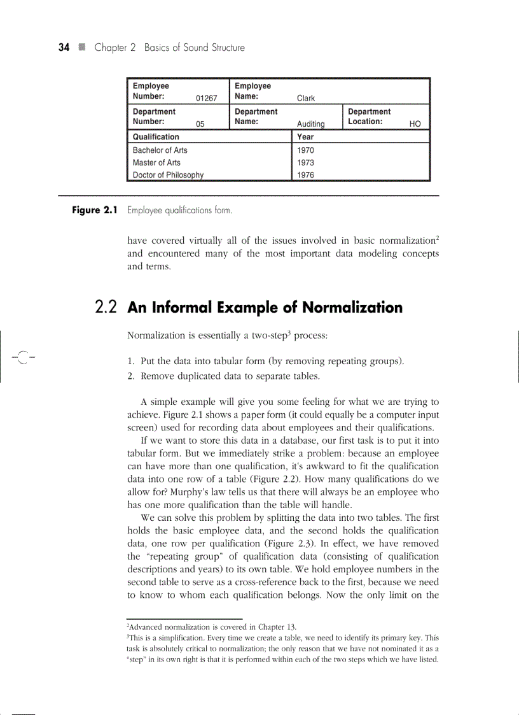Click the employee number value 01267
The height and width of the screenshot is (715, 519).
(206, 99)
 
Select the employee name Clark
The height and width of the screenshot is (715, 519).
(306, 99)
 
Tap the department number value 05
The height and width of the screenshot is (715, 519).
(200, 124)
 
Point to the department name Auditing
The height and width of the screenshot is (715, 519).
(311, 124)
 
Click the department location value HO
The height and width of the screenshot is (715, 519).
(415, 124)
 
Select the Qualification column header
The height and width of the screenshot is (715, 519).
(156, 137)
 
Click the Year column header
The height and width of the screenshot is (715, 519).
(305, 137)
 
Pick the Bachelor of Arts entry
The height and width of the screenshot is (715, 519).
(160, 150)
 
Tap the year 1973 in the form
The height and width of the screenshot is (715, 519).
(305, 162)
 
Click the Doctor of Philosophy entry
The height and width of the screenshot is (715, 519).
(168, 175)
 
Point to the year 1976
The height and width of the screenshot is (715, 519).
(305, 175)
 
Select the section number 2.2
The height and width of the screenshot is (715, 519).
(107, 308)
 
